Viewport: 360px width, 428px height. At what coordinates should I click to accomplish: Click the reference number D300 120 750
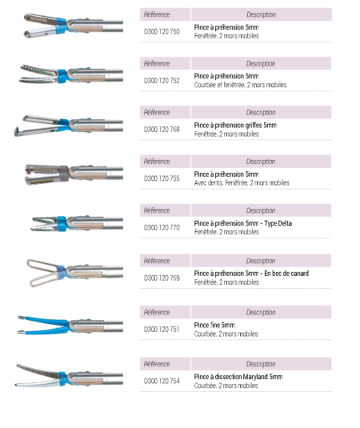click(x=162, y=32)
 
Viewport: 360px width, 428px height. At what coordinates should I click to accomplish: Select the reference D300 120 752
click(x=162, y=81)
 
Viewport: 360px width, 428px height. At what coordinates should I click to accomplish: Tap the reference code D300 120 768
click(x=162, y=130)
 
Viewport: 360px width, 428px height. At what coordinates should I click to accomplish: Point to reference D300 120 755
click(x=162, y=178)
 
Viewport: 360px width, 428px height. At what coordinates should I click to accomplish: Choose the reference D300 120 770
click(x=162, y=227)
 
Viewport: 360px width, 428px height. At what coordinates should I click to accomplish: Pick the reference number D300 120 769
click(x=162, y=278)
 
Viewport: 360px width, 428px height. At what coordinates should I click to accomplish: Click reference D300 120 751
click(x=162, y=330)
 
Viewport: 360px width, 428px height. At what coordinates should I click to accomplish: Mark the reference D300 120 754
click(x=162, y=381)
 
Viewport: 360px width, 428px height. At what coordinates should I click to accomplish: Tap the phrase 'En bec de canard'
click(x=286, y=274)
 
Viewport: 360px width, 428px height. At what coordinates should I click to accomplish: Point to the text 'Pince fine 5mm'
click(x=214, y=325)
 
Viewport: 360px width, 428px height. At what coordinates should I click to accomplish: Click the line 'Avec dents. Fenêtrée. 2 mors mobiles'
click(x=242, y=183)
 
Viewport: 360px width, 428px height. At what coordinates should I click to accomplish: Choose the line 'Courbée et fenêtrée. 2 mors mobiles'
click(x=240, y=85)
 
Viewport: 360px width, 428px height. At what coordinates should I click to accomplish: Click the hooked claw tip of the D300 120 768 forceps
click(x=17, y=131)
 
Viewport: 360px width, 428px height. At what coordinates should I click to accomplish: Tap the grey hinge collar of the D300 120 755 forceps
click(x=64, y=174)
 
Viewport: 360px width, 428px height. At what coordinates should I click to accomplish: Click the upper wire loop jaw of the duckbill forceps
click(x=42, y=265)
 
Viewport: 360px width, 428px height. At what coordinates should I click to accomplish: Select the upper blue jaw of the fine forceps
click(x=43, y=320)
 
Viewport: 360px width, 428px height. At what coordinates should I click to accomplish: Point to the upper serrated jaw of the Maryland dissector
click(x=38, y=370)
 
